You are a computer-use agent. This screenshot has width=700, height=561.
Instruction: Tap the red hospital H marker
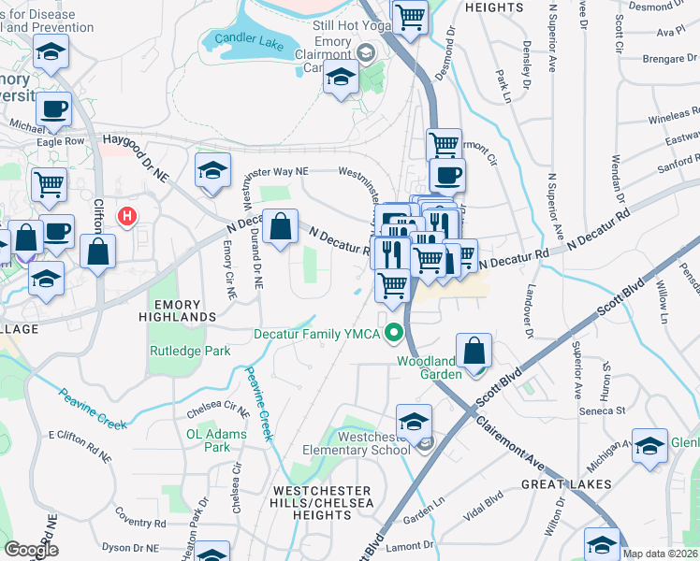[127, 217]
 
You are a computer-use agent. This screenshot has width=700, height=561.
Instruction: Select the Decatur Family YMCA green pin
[395, 333]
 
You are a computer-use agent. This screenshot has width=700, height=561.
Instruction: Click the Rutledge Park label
[190, 352]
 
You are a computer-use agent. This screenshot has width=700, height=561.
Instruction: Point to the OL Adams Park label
[216, 440]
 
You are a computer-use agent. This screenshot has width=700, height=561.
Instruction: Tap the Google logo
[30, 550]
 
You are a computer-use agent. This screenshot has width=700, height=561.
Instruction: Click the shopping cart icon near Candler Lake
[410, 16]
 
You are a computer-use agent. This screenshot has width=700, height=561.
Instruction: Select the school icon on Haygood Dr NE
[212, 170]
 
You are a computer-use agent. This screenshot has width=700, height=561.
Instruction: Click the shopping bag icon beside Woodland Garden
[475, 351]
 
